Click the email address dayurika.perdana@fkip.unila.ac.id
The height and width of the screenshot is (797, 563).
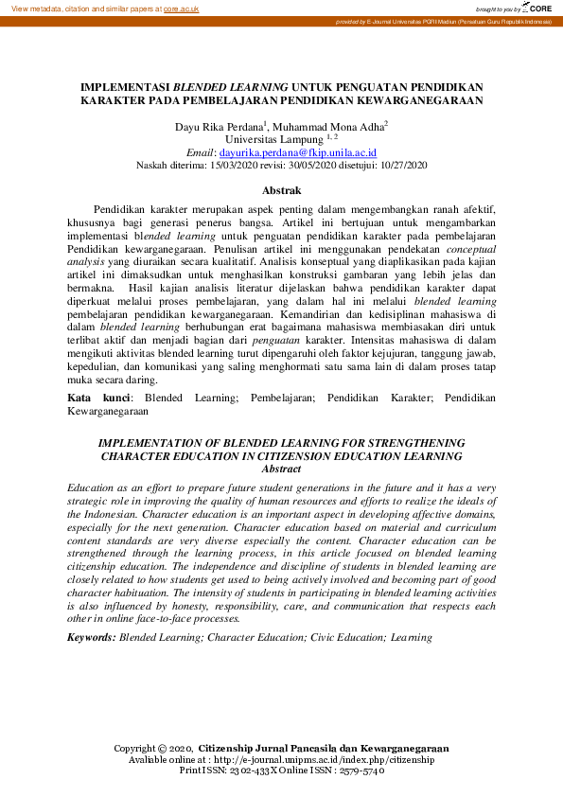click(x=298, y=151)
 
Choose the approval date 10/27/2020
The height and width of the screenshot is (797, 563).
click(x=403, y=164)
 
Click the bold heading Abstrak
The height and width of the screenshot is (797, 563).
click(x=281, y=190)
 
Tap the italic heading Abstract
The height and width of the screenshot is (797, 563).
click(x=281, y=469)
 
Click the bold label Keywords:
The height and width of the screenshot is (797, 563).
click(x=91, y=637)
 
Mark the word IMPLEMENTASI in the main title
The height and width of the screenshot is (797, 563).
click(x=125, y=85)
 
